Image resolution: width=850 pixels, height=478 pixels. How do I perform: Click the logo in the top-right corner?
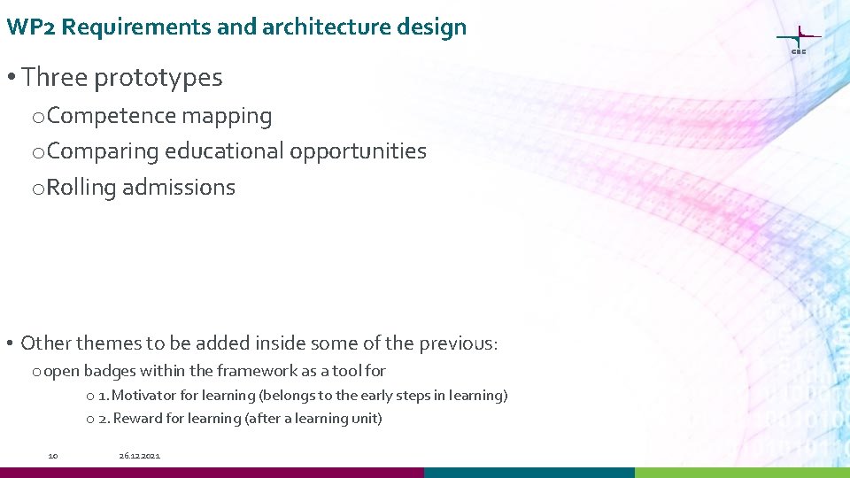pyautogui.click(x=798, y=39)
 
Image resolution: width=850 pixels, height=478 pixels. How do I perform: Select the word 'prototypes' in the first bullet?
pyautogui.click(x=158, y=78)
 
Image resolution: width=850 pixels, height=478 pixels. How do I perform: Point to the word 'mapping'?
pyautogui.click(x=227, y=116)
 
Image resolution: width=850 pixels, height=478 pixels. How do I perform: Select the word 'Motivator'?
pyautogui.click(x=144, y=396)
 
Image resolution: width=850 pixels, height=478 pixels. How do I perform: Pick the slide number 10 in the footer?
pyautogui.click(x=53, y=456)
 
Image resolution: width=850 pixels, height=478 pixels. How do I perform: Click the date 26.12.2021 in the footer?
pyautogui.click(x=140, y=456)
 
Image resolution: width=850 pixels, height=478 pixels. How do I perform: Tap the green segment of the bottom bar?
pyautogui.click(x=742, y=473)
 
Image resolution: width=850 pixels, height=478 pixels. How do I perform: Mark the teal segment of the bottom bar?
pyautogui.click(x=529, y=473)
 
